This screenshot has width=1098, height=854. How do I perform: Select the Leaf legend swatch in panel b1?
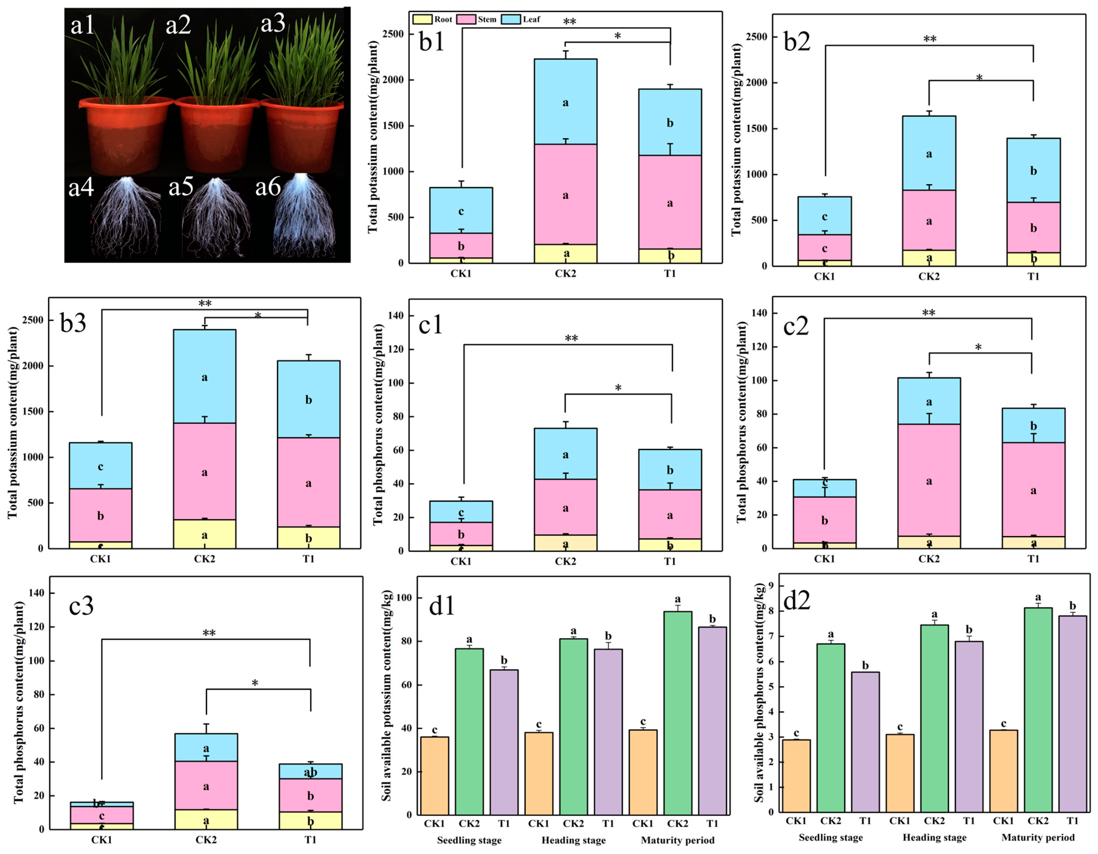tap(510, 20)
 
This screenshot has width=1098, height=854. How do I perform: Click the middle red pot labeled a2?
tap(217, 136)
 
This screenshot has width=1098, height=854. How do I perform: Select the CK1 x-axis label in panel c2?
tap(824, 559)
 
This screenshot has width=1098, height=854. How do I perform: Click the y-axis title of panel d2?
tap(759, 694)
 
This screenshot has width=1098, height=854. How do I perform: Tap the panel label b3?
tap(73, 323)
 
